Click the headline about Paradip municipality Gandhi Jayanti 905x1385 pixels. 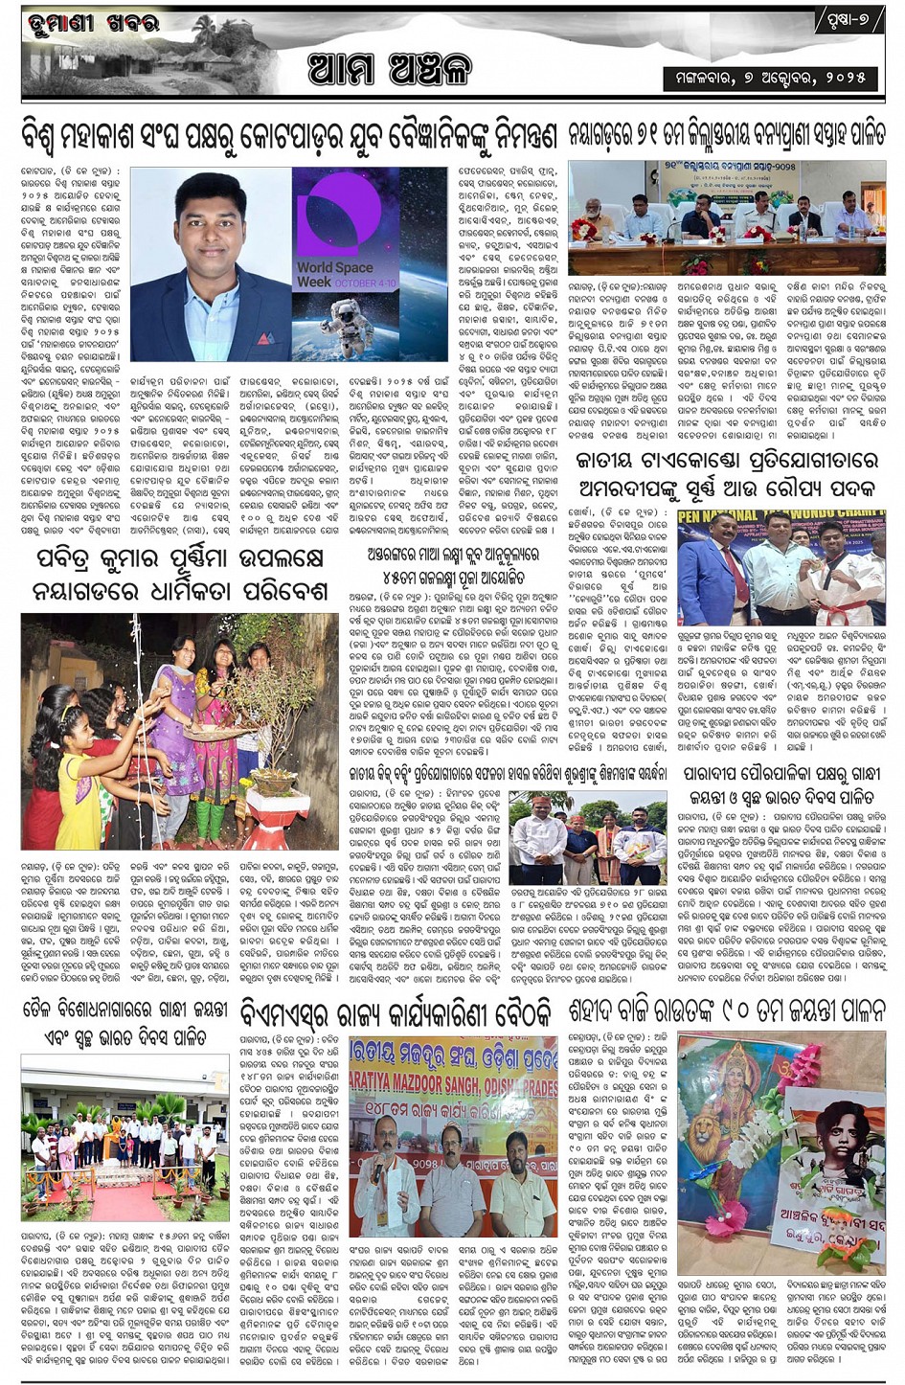click(x=782, y=783)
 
